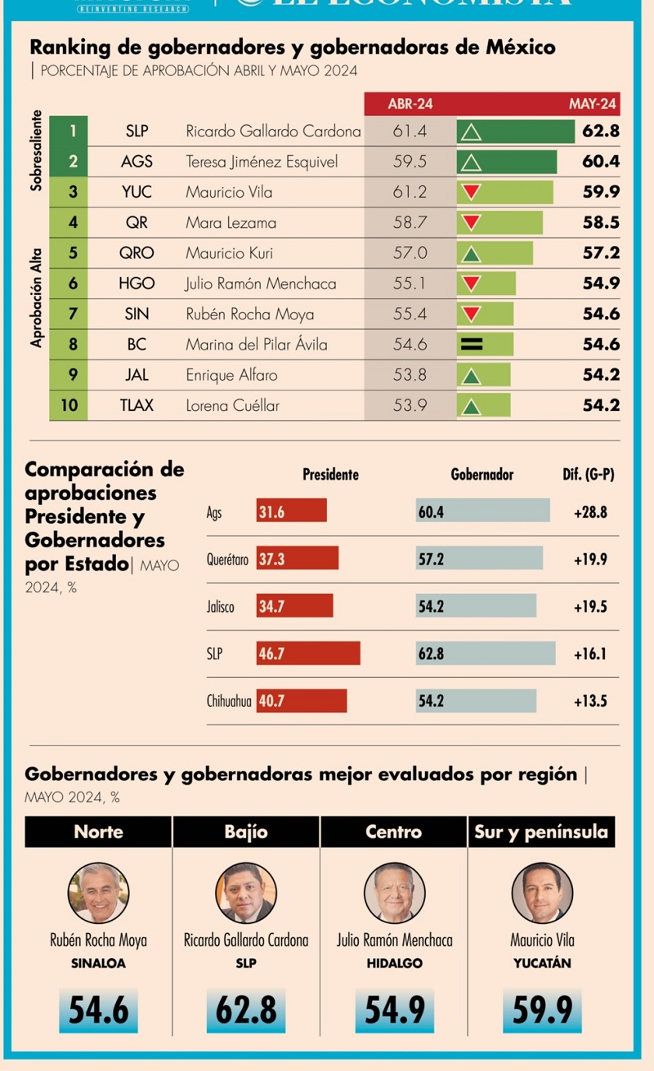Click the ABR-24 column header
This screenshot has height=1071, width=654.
pos(410,105)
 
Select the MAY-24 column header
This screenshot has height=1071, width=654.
pos(593,105)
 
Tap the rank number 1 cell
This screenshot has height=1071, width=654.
pos(73,131)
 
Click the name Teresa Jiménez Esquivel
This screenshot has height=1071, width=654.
pos(262,162)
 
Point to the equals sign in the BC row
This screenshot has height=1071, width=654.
pos(472,345)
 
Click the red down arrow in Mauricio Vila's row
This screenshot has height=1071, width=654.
pos(472,193)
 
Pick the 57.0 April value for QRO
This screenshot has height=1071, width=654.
pos(410,253)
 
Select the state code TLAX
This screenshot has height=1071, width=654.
pos(137,405)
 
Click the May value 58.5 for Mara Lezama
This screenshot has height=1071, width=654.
pos(601,223)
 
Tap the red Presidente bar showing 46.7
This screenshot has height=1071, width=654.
pos(308,654)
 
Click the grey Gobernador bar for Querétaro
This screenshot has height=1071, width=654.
pos(479,560)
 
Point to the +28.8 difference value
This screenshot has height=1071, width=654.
pos(589,513)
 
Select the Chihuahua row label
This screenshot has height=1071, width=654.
pos(229,701)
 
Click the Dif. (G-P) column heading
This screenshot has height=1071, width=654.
pos(584,474)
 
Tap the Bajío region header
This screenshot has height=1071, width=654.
pos(245,832)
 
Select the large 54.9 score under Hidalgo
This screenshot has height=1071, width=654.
pos(394,1011)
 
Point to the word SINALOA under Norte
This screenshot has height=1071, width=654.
pos(98,964)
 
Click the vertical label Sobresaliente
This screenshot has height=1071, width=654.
pos(36,153)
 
